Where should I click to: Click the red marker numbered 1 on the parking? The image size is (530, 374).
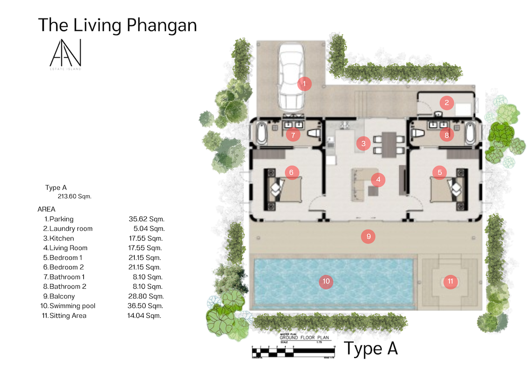[x=304, y=83]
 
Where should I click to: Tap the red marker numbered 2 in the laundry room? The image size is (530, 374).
[x=447, y=103]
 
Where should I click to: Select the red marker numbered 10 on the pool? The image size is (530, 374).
[x=326, y=282]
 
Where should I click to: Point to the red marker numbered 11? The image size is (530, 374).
[x=450, y=281]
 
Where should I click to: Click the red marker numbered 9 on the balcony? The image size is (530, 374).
[x=368, y=236]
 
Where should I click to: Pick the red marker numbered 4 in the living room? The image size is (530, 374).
[x=378, y=180]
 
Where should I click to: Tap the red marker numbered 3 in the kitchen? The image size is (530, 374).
[x=363, y=143]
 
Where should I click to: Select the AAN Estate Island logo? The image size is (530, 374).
[x=66, y=54]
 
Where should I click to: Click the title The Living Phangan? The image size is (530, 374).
[x=117, y=25]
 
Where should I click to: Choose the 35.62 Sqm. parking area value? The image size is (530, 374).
[x=147, y=218]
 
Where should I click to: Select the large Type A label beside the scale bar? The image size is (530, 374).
[x=371, y=349]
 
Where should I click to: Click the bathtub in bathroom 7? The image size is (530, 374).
[x=262, y=133]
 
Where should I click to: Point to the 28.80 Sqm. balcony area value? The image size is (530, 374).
[x=147, y=296]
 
